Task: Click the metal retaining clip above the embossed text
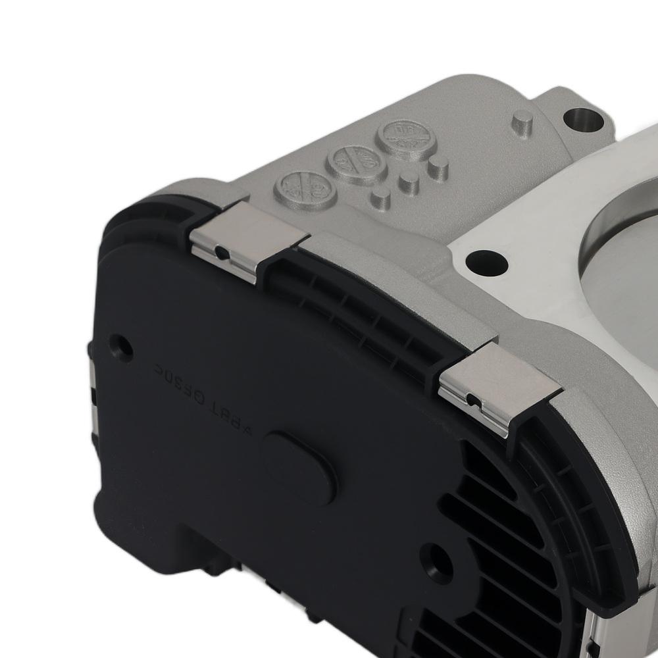[249, 240]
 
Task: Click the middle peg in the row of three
[409, 181]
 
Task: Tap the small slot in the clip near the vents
[471, 400]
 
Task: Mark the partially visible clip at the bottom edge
[595, 632]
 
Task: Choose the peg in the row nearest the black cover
[380, 196]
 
